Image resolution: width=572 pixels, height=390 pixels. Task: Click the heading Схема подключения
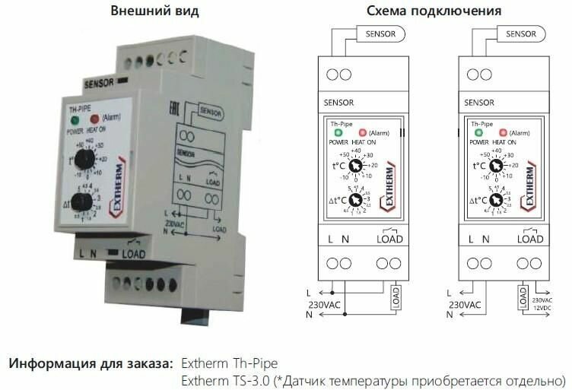[x=434, y=11]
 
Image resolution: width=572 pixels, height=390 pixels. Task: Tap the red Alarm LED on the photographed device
[x=95, y=119]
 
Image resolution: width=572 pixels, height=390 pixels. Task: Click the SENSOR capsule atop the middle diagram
[x=381, y=34]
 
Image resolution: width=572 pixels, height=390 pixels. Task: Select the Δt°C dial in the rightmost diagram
[x=496, y=201]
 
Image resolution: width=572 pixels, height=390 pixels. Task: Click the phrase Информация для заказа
[x=90, y=362]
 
